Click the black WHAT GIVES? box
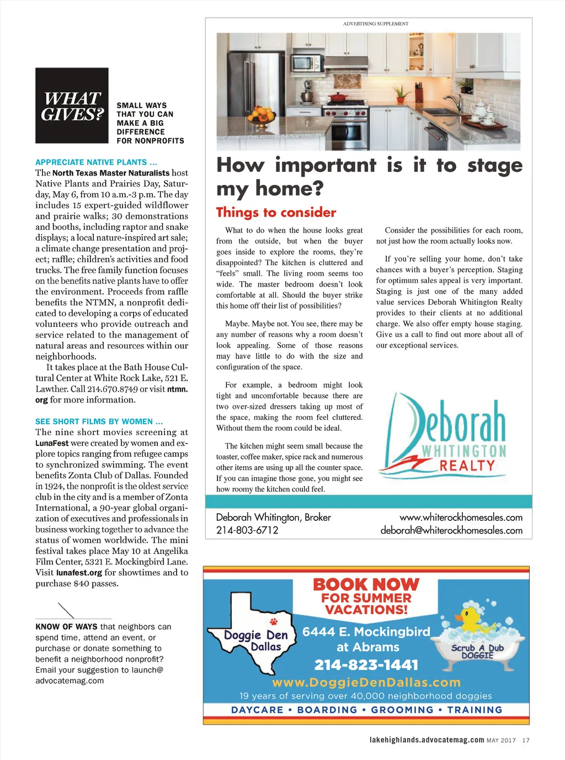[x=72, y=105]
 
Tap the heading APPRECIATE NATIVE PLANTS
[x=96, y=162]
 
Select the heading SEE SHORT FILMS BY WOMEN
[x=99, y=421]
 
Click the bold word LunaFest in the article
[x=52, y=443]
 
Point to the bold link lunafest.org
[x=79, y=573]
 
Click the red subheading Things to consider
[x=276, y=213]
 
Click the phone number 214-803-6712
[x=247, y=530]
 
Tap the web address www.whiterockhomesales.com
[x=461, y=518]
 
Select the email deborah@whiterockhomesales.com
[x=451, y=530]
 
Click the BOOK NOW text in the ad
[x=366, y=584]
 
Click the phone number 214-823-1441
[x=366, y=664]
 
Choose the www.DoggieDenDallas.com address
[x=366, y=682]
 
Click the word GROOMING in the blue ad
[x=402, y=710]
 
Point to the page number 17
[x=526, y=740]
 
